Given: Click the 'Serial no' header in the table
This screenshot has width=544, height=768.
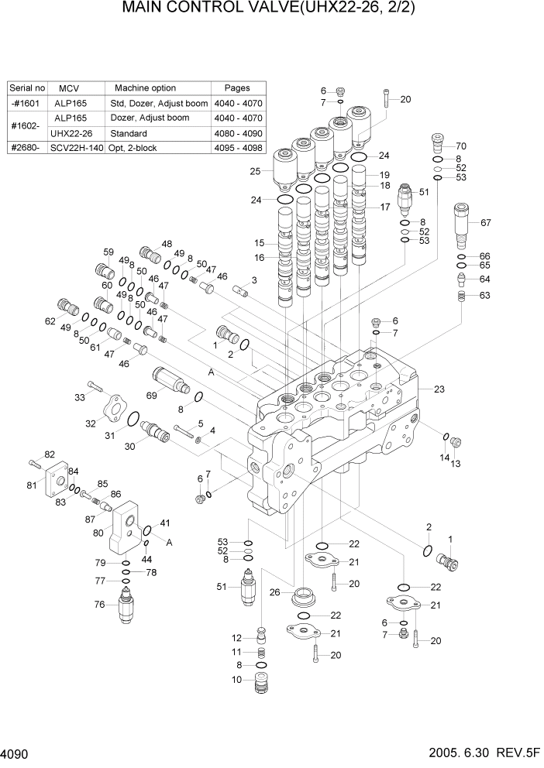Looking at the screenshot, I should pyautogui.click(x=29, y=88).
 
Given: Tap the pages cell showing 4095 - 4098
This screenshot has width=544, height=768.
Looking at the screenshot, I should pyautogui.click(x=236, y=147).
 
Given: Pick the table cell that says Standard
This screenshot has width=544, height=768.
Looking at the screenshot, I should pyautogui.click(x=129, y=132).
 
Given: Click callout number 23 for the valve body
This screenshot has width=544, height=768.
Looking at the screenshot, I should pyautogui.click(x=439, y=389).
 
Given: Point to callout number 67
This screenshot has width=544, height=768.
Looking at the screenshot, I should pyautogui.click(x=486, y=223).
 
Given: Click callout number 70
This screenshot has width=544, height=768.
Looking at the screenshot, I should pyautogui.click(x=482, y=146).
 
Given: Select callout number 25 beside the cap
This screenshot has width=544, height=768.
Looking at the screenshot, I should pyautogui.click(x=255, y=170).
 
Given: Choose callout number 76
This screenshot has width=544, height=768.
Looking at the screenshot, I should pyautogui.click(x=99, y=605).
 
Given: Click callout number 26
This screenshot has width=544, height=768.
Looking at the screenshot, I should pyautogui.click(x=274, y=593).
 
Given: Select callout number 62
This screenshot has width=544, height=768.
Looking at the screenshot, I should pyautogui.click(x=50, y=321).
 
